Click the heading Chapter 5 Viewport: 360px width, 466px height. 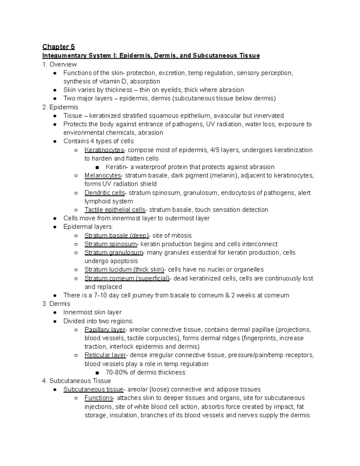coord(58,47)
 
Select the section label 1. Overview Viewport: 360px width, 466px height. coord(59,64)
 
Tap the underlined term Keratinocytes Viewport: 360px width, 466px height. coord(104,150)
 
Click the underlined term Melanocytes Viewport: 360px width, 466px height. coord(103,175)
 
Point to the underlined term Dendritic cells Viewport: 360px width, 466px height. coord(104,193)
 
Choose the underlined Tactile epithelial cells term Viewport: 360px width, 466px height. coord(115,210)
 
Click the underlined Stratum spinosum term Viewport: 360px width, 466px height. coord(110,244)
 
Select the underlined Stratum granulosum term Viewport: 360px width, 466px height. coord(114,252)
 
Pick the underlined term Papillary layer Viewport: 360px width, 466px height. coord(105,329)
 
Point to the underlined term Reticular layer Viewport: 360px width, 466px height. coord(105,355)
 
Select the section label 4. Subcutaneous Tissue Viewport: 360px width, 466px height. coord(77,381)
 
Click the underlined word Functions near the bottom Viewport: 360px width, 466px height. coord(98,398)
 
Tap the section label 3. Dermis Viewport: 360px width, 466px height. coord(56,304)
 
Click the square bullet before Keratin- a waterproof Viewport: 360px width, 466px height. coord(97,167)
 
